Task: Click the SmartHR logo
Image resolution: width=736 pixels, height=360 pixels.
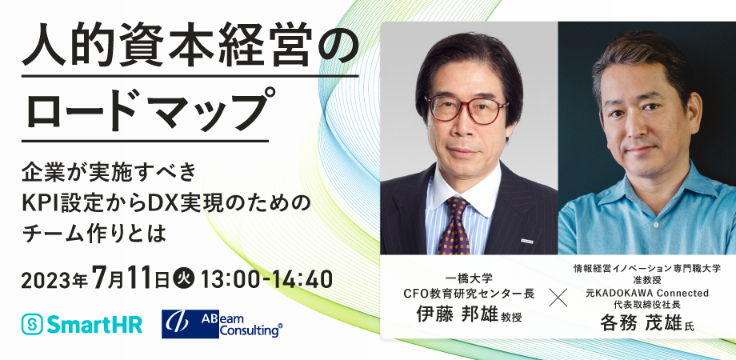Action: [x=82, y=324]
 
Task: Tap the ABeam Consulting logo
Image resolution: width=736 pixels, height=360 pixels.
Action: [x=222, y=324]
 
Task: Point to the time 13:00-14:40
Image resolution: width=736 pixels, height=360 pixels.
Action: [x=266, y=280]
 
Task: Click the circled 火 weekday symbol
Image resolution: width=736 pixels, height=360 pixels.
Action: [x=183, y=280]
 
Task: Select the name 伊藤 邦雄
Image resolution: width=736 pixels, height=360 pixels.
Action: [x=457, y=314]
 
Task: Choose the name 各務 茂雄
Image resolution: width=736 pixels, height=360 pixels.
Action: [x=640, y=322]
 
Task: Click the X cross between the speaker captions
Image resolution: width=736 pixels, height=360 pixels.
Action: [x=558, y=297]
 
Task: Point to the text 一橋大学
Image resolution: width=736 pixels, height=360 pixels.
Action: [x=469, y=279]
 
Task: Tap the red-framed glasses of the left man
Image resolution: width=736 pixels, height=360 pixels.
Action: [x=466, y=110]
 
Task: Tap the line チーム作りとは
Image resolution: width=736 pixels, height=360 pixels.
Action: [x=94, y=234]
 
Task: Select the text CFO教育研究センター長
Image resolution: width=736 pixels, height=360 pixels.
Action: [x=470, y=294]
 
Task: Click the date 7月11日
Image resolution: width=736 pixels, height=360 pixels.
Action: [x=131, y=280]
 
